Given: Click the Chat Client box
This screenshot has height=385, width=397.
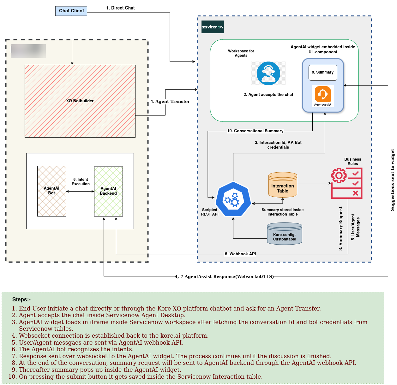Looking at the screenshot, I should (71, 11).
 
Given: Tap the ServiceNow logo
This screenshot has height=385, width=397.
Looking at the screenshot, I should (213, 27).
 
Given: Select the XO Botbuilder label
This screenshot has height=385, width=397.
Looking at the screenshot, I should (80, 101).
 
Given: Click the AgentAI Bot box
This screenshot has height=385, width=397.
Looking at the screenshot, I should (51, 191).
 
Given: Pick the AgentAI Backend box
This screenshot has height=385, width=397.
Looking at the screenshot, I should (108, 191).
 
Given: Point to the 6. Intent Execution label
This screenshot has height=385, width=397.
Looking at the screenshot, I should (81, 182).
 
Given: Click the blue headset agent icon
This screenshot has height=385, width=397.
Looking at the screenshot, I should (268, 74).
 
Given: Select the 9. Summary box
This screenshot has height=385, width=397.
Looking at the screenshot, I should (323, 73).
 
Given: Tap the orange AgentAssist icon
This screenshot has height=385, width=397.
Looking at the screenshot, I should (323, 94).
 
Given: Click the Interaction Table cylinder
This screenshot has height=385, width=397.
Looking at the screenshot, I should (283, 185).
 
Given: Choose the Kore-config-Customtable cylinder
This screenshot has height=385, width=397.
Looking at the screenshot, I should (285, 234).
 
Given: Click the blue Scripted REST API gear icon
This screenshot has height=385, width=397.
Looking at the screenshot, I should (233, 199).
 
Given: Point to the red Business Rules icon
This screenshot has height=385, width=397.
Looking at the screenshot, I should (346, 183).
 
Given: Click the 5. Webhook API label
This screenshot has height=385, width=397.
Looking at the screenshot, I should (240, 254).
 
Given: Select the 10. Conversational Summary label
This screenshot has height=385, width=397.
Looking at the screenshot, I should (255, 131).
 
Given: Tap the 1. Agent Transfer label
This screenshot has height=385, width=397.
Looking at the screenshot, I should (170, 102).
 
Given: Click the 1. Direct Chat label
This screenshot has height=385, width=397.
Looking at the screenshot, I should (120, 8).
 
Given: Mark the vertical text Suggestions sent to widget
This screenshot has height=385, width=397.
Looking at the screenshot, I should (392, 180).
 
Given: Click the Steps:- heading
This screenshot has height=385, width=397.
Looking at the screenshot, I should (21, 300).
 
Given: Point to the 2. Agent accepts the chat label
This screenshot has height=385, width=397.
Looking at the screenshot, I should (268, 95).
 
